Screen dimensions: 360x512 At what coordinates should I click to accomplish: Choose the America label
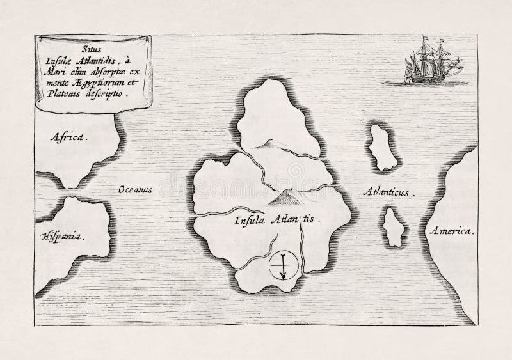[x=451, y=230]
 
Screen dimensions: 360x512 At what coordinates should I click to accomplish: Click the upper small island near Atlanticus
[x=383, y=147]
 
